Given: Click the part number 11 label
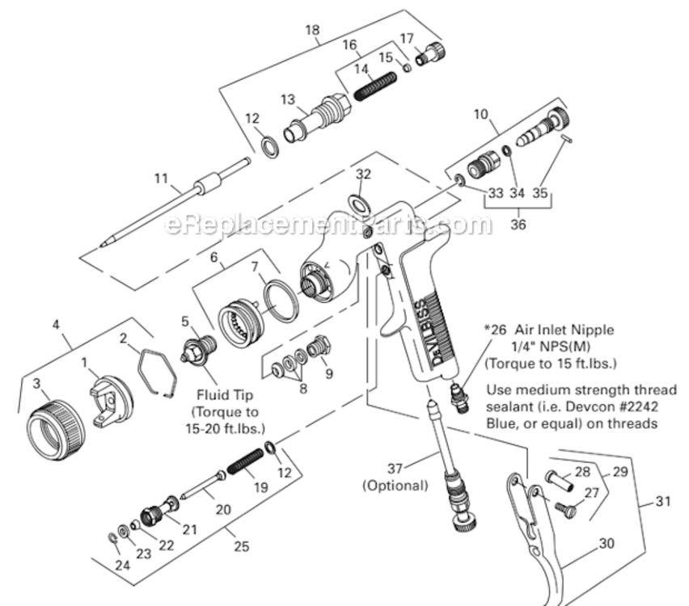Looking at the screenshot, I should point(161,178).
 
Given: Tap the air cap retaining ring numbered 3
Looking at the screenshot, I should point(56,423).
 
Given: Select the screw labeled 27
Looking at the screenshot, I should point(566,510).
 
